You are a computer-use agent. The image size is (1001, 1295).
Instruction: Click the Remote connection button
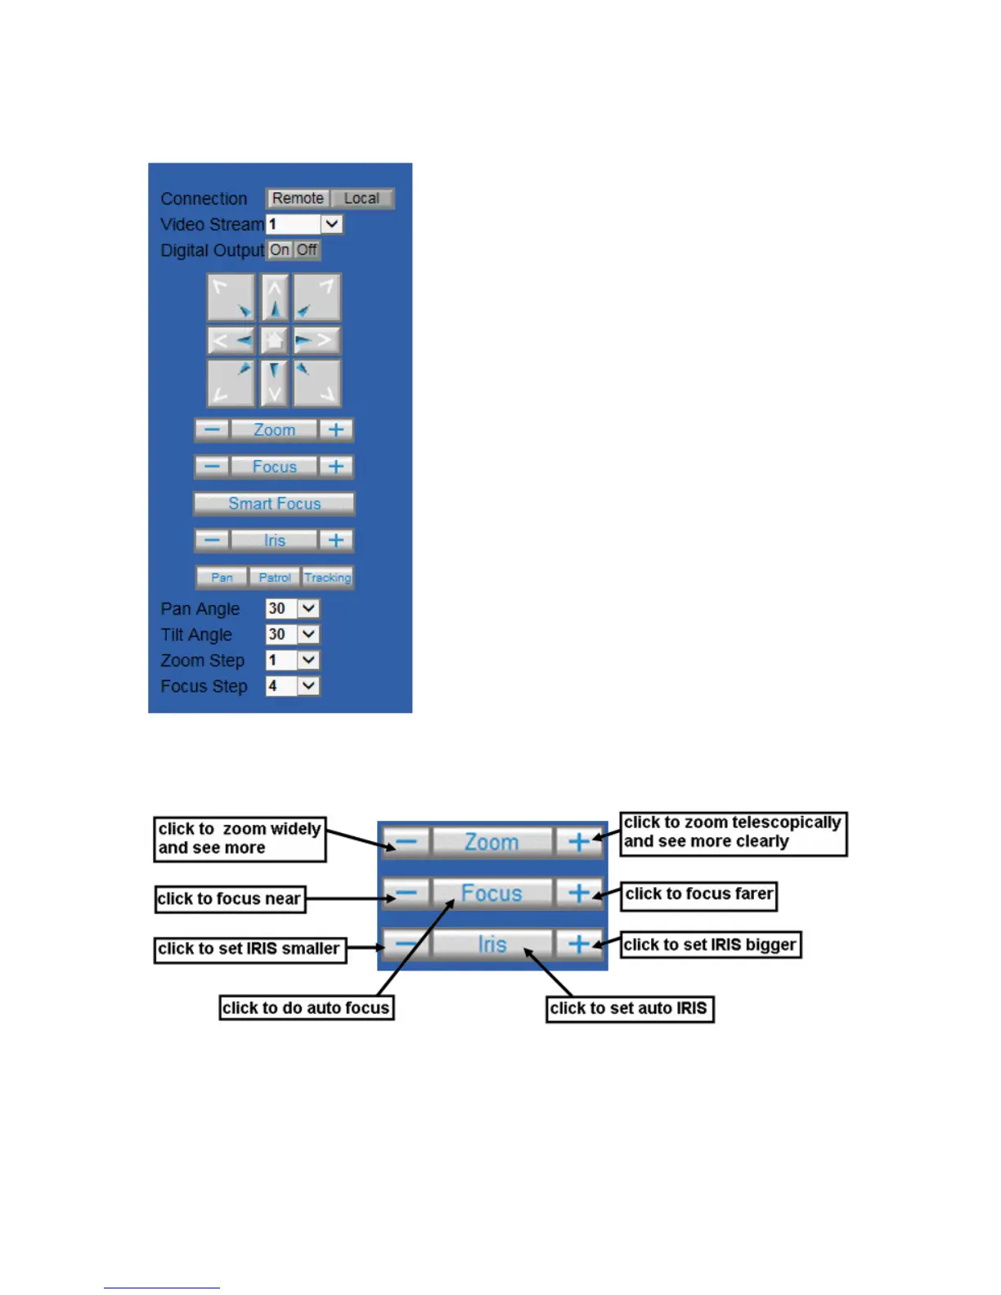(x=298, y=199)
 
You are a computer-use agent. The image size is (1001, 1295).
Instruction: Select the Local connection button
(x=361, y=199)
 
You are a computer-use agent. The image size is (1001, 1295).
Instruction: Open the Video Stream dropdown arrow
(x=331, y=224)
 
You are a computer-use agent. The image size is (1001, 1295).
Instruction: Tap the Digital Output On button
(x=280, y=250)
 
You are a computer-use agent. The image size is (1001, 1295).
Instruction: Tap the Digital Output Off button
(x=307, y=250)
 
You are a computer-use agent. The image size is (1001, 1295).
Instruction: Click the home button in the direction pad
(x=274, y=340)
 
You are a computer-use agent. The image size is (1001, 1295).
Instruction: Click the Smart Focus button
(x=274, y=504)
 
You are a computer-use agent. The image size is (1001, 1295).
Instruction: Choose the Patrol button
(x=274, y=577)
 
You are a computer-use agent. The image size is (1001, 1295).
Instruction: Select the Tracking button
(x=327, y=577)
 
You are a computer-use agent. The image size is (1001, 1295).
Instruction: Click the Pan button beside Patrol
(x=222, y=577)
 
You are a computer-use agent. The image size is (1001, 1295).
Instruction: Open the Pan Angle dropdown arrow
(x=308, y=608)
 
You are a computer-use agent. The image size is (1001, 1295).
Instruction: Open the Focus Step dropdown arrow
(x=308, y=686)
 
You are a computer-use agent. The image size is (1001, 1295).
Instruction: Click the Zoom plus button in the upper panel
(x=335, y=430)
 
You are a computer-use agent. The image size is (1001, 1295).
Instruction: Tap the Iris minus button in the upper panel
(x=212, y=540)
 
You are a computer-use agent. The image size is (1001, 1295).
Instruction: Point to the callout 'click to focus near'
(x=230, y=898)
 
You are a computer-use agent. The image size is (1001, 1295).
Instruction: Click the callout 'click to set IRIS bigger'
(x=710, y=944)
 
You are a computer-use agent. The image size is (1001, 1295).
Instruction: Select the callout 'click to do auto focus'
(x=306, y=1008)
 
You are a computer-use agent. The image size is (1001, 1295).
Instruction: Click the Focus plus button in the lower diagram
(x=578, y=893)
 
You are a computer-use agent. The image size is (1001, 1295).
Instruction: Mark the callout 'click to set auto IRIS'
(x=629, y=1008)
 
